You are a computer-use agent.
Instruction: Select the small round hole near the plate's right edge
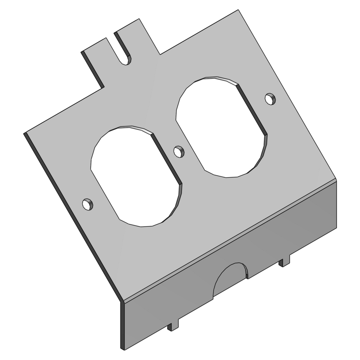pyautogui.click(x=270, y=98)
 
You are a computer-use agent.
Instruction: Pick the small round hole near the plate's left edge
pyautogui.click(x=87, y=204)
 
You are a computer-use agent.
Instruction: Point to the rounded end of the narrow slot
pyautogui.click(x=125, y=60)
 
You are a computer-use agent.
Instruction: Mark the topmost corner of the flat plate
pyautogui.click(x=239, y=10)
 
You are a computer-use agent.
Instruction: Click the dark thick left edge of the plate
pyautogui.click(x=72, y=216)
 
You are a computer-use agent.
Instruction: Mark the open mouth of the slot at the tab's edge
pyautogui.click(x=111, y=35)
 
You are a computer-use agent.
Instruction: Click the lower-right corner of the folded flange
pyautogui.click(x=337, y=228)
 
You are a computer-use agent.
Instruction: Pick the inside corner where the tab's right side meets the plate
pyautogui.click(x=160, y=54)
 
